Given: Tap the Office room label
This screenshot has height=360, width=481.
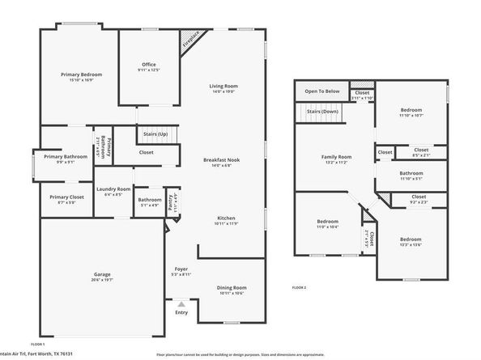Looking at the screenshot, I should click(148, 65).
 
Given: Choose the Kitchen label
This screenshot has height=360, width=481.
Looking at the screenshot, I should click(226, 218).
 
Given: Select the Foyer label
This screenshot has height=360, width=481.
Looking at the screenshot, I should click(181, 269).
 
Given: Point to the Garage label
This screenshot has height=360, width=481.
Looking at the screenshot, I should click(102, 275).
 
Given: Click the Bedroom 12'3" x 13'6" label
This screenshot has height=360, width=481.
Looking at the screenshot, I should click(411, 239).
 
